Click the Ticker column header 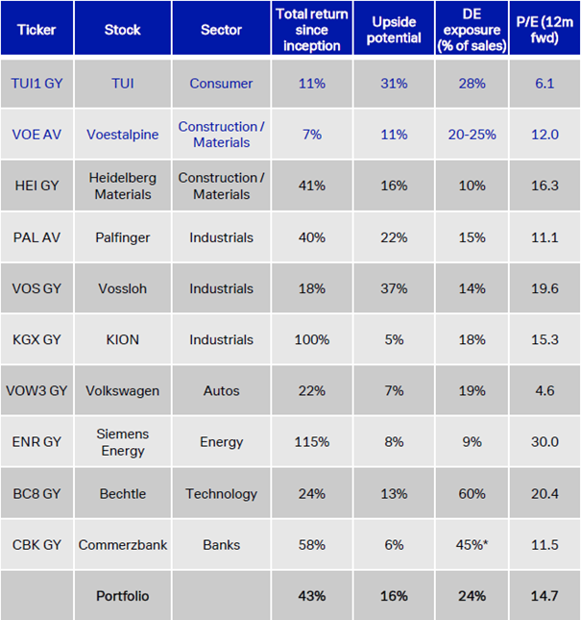tap(36, 29)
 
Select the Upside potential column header tap(394, 29)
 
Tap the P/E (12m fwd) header tap(545, 29)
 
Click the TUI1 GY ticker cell tap(37, 84)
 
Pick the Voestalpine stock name tap(123, 135)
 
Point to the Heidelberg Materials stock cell tap(123, 186)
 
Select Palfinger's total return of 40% tap(312, 237)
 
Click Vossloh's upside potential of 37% tap(394, 288)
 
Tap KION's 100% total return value tap(312, 339)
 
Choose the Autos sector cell tap(222, 391)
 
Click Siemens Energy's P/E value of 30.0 tap(545, 442)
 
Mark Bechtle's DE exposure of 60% tap(472, 493)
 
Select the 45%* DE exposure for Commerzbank tap(472, 545)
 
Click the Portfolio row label tap(123, 596)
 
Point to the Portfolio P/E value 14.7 tap(545, 596)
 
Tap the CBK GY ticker tap(37, 545)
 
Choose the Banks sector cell tap(222, 545)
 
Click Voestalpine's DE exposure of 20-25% tap(472, 135)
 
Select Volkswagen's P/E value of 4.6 tap(545, 391)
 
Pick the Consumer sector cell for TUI tap(222, 84)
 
